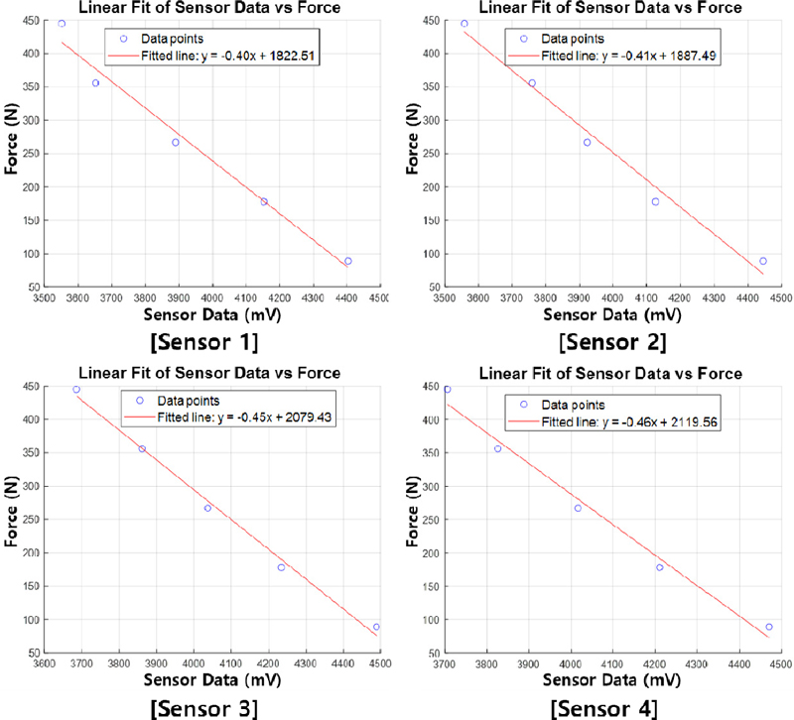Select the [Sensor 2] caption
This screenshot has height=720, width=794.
click(612, 343)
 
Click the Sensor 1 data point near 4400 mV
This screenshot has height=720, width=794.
click(348, 261)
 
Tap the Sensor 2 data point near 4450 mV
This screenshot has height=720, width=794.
click(763, 261)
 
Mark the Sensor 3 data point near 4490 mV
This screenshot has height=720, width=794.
click(377, 627)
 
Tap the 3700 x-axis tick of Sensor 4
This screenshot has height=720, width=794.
click(446, 663)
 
